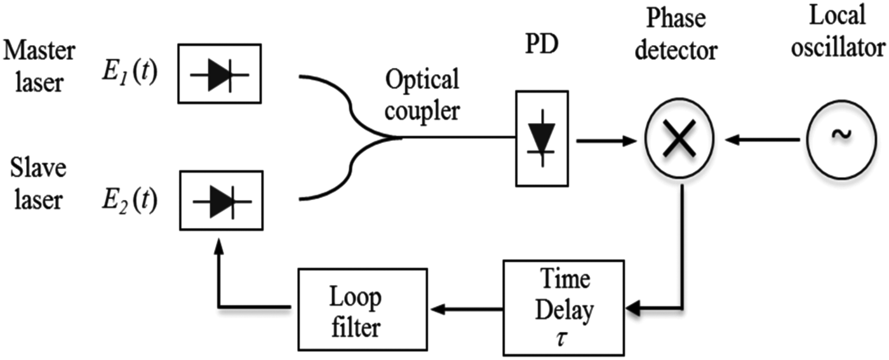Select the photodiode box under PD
pos(542,138)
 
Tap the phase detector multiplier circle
pos(679,139)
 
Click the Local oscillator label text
pos(838,32)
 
